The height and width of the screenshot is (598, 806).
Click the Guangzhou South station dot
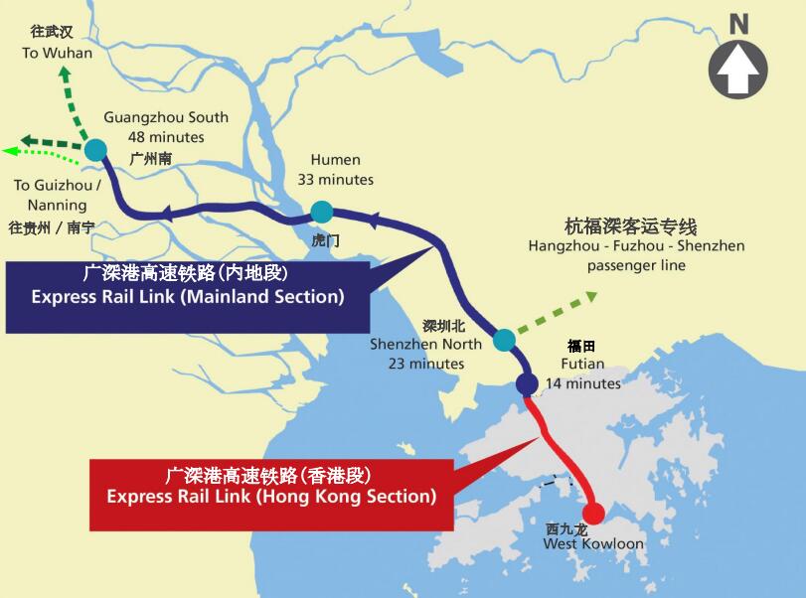pyautogui.click(x=95, y=150)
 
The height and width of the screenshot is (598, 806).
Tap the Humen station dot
pyautogui.click(x=321, y=212)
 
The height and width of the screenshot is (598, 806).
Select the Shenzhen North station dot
pyautogui.click(x=504, y=340)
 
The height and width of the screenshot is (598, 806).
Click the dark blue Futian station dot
pyautogui.click(x=527, y=384)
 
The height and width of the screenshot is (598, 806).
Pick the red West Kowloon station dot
pyautogui.click(x=593, y=514)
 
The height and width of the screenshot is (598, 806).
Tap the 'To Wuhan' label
pyautogui.click(x=58, y=53)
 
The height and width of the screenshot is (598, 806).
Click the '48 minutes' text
pyautogui.click(x=166, y=137)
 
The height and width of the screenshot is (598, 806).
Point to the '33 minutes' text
pyautogui.click(x=336, y=180)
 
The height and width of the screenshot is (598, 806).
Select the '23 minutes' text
pyautogui.click(x=426, y=364)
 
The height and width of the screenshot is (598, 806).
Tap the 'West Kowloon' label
pyautogui.click(x=593, y=544)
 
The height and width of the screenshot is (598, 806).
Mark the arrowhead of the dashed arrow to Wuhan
pyautogui.click(x=65, y=75)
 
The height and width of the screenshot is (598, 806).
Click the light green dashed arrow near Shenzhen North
pyautogui.click(x=558, y=313)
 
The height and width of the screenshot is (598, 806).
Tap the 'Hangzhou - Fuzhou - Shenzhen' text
pyautogui.click(x=636, y=245)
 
